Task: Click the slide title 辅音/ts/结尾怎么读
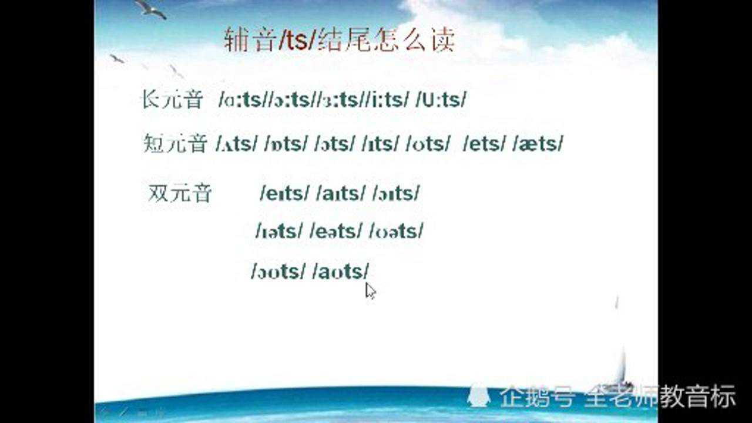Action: click(340, 41)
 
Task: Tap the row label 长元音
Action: click(172, 100)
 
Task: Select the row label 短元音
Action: click(174, 143)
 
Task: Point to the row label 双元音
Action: click(179, 193)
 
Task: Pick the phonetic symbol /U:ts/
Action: click(441, 100)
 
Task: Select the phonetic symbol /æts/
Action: click(538, 144)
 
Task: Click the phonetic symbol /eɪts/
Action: click(284, 193)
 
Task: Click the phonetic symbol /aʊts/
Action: click(342, 271)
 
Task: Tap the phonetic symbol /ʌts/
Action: click(237, 144)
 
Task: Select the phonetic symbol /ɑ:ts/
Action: click(240, 100)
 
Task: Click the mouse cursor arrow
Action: click(370, 290)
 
